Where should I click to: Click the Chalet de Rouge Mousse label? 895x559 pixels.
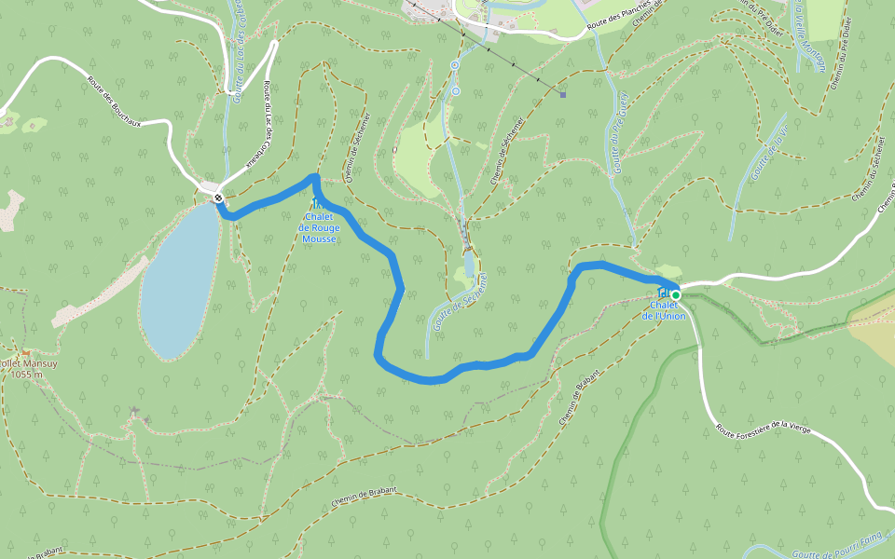tap(319, 228)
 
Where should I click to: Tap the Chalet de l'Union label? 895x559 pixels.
tap(664, 310)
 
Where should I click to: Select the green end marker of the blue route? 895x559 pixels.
tap(676, 295)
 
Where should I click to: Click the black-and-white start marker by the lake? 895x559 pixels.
tap(217, 198)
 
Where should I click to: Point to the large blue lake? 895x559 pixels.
tap(179, 279)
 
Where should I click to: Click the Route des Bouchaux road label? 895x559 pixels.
tap(119, 102)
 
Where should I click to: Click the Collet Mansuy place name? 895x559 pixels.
tap(28, 363)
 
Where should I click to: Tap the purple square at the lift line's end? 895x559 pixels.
tap(563, 93)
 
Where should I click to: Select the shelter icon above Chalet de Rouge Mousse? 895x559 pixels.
tap(317, 203)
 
